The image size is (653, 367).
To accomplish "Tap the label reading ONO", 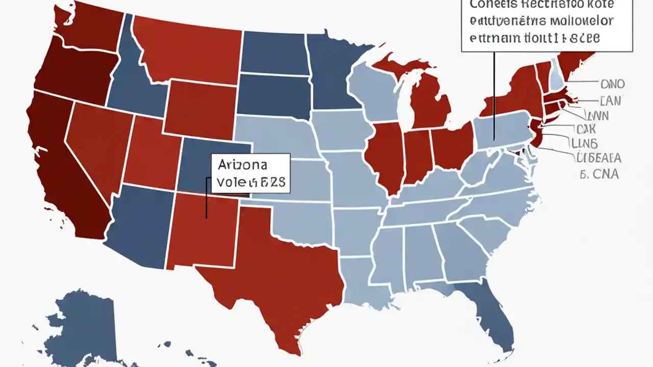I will click(x=613, y=84).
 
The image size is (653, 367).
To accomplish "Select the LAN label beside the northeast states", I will click(x=611, y=101).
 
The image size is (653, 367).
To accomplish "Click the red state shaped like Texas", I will click(x=275, y=275).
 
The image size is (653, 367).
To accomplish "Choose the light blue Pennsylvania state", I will click(x=503, y=130).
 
